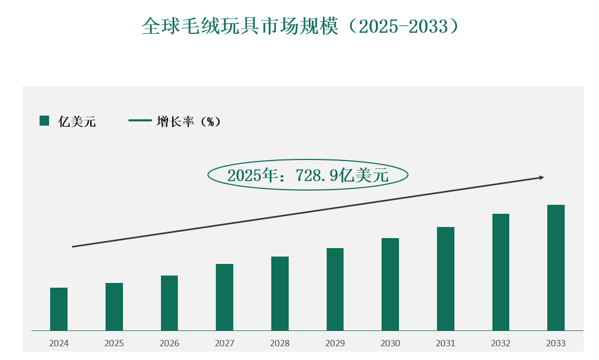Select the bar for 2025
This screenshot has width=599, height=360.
114,307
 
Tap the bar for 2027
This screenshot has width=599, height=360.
224,297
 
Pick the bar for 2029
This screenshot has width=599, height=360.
335,289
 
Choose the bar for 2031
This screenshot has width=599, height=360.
445,279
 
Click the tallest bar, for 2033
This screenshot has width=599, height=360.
556,268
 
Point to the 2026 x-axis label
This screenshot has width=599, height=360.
169,344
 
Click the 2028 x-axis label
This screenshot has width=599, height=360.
280,344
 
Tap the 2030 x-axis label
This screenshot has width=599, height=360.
391,344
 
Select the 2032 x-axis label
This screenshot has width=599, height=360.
501,344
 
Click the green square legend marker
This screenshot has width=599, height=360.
44,121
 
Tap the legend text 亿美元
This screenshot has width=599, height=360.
77,122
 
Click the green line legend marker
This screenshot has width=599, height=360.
140,121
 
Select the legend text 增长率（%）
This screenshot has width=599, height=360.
188,122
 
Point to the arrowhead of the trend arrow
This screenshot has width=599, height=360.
541,178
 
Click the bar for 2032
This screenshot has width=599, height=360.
501,272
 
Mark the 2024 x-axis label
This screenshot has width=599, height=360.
59,344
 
